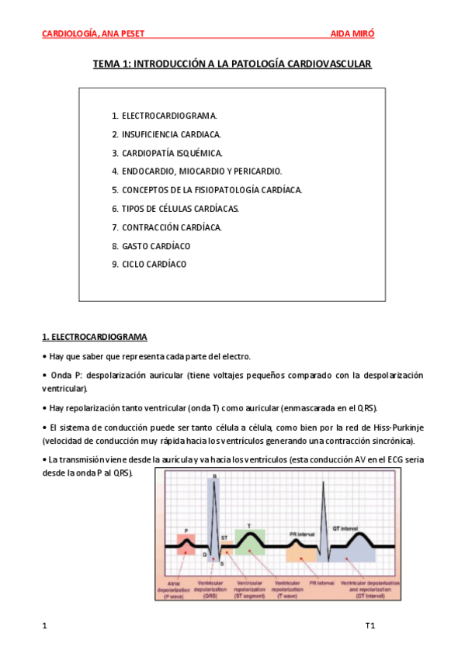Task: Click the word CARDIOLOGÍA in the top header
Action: pyautogui.click(x=69, y=34)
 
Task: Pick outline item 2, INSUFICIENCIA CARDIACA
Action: pyautogui.click(x=166, y=134)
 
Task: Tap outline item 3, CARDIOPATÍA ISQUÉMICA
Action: pyautogui.click(x=167, y=153)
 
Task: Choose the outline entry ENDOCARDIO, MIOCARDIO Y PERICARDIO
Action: pyautogui.click(x=196, y=171)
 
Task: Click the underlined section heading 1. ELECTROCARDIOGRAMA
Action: pyautogui.click(x=94, y=337)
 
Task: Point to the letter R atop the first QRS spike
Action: pyautogui.click(x=214, y=476)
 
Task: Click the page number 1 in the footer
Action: pyautogui.click(x=44, y=625)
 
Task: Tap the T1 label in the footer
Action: pyautogui.click(x=370, y=625)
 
